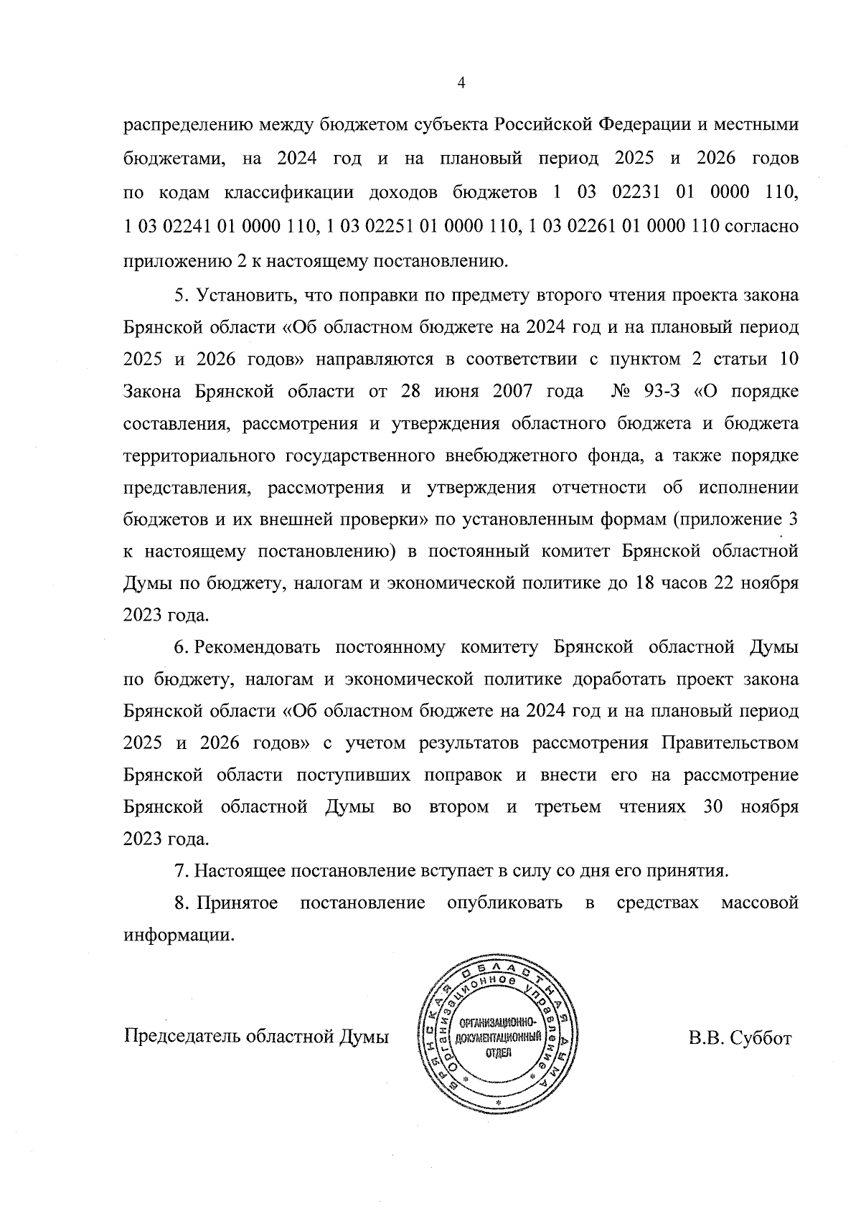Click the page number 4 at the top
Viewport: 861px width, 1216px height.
click(x=461, y=83)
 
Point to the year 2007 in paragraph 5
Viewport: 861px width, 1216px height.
click(x=513, y=392)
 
